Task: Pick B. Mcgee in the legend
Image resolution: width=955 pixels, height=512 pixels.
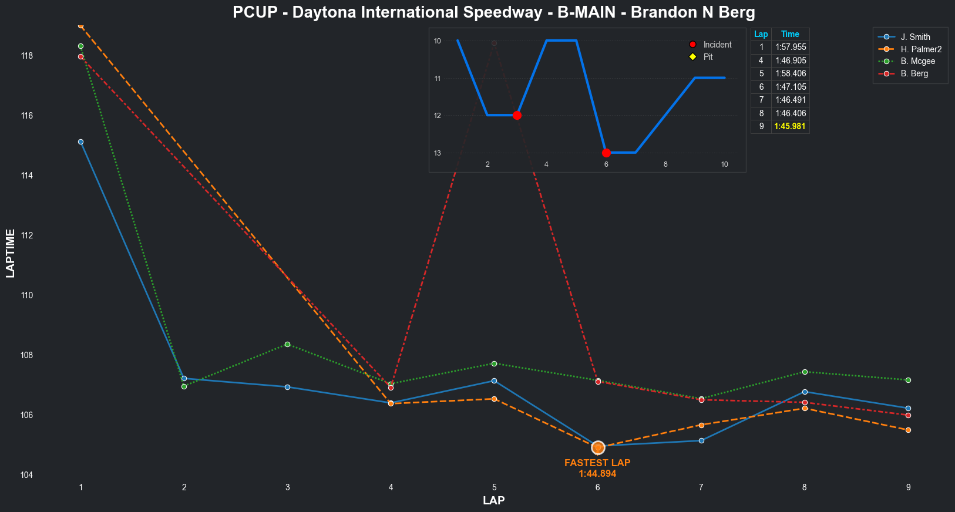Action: point(917,61)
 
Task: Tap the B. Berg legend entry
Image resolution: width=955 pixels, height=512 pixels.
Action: point(914,73)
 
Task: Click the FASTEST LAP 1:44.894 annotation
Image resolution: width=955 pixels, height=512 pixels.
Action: point(597,468)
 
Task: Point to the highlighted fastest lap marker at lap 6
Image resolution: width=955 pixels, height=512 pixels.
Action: point(598,447)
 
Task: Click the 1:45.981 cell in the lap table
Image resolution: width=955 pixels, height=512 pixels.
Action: point(790,126)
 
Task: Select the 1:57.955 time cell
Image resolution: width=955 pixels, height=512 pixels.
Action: point(791,47)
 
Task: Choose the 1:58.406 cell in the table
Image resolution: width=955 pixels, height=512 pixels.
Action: point(791,73)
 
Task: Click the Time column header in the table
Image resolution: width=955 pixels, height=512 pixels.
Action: point(790,34)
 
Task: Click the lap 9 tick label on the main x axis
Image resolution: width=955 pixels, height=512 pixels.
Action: point(908,487)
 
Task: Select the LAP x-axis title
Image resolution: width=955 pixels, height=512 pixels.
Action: point(493,501)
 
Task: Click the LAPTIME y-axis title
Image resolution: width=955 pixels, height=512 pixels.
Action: point(11,254)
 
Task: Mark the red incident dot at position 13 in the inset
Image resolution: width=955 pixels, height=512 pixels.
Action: point(606,153)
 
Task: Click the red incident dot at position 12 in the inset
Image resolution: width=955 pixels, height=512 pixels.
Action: point(517,115)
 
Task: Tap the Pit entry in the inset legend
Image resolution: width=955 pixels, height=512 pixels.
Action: point(708,57)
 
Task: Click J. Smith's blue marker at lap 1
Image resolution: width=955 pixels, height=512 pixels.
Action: point(80,142)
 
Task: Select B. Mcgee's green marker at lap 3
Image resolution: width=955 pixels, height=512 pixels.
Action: point(287,344)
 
